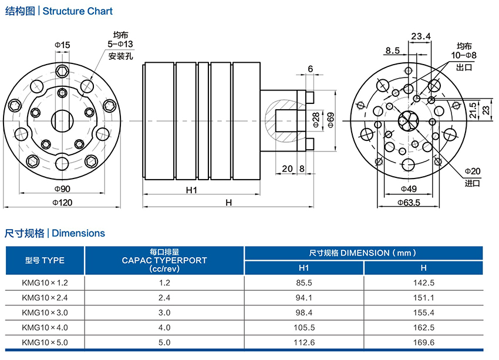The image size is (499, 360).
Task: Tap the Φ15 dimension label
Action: (x=62, y=45)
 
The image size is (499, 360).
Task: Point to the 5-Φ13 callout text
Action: (x=120, y=45)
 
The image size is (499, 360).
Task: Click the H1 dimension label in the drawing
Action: (x=191, y=190)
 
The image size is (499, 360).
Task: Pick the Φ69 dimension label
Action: (x=331, y=121)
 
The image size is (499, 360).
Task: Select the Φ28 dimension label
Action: (x=315, y=121)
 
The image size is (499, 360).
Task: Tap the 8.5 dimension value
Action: (x=393, y=51)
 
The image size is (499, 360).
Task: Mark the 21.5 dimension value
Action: (x=473, y=109)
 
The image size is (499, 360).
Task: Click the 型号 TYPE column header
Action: (x=45, y=260)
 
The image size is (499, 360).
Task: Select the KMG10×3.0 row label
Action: (x=45, y=312)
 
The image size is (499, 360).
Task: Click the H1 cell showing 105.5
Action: (x=304, y=327)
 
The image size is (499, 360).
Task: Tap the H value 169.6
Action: (x=423, y=342)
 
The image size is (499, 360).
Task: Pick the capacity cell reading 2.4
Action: (x=164, y=297)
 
